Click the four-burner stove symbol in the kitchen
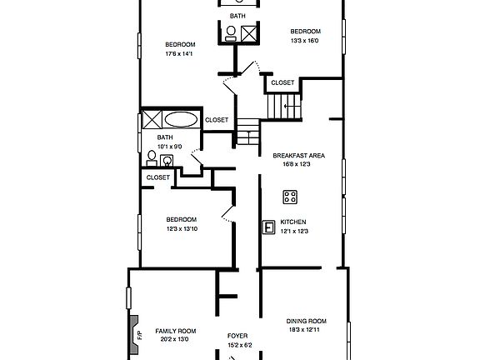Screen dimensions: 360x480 coord(290,197)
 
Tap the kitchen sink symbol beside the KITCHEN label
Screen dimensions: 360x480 coord(269,226)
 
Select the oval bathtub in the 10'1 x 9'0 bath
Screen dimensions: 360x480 coord(181,118)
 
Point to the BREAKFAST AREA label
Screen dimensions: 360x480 coord(297,155)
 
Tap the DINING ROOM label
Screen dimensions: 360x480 coord(306,321)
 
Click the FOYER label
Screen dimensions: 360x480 coord(238,336)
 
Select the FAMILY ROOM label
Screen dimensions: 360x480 coord(175,330)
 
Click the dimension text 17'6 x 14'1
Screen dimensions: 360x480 coord(180,54)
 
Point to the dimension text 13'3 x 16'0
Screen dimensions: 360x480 coord(305,41)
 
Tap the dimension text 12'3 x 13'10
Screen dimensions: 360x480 coord(181,228)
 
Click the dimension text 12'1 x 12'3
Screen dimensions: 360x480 coord(294,231)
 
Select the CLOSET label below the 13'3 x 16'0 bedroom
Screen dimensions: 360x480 coord(282,82)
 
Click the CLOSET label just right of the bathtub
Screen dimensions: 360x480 coord(217,119)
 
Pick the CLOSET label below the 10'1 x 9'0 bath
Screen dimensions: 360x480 coord(157,177)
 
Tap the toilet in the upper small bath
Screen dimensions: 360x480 coord(231,33)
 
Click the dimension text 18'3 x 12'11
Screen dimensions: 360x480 coord(306,330)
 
